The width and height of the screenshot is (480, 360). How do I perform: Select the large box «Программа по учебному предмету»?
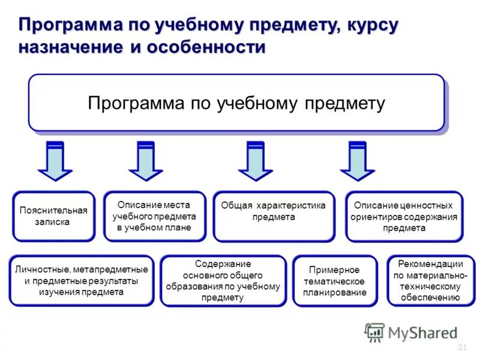pyautogui.click(x=236, y=103)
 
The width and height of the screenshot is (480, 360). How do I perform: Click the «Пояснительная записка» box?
pyautogui.click(x=53, y=216)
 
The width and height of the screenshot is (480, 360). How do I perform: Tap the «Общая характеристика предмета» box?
pyautogui.click(x=273, y=216)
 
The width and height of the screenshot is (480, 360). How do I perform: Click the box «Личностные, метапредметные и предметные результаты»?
pyautogui.click(x=81, y=280)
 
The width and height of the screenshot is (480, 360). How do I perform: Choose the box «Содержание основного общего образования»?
pyautogui.click(x=223, y=280)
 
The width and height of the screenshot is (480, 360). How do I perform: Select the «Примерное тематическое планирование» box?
pyautogui.click(x=335, y=280)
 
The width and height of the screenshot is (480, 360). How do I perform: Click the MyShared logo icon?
pyautogui.click(x=374, y=332)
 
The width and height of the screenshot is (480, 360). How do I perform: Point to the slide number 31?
pyautogui.click(x=462, y=347)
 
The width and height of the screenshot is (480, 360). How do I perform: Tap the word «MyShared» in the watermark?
pyautogui.click(x=422, y=332)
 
